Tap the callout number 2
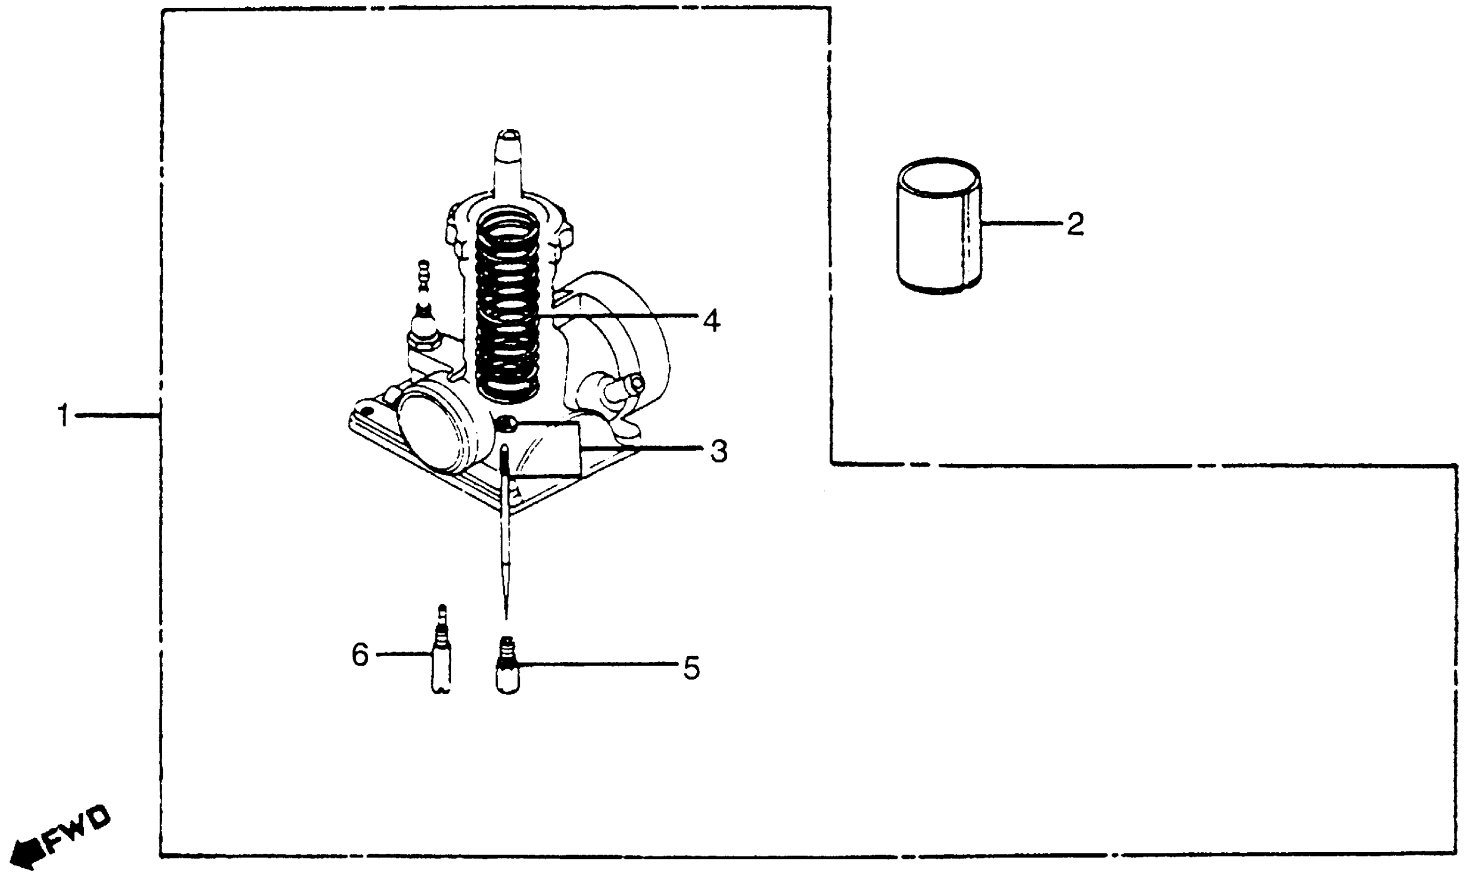click(1075, 225)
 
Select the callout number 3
click(719, 451)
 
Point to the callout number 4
click(711, 321)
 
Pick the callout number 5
click(691, 668)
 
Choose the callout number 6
click(360, 655)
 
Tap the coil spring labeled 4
click(508, 304)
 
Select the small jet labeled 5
click(508, 666)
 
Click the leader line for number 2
click(1021, 224)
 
